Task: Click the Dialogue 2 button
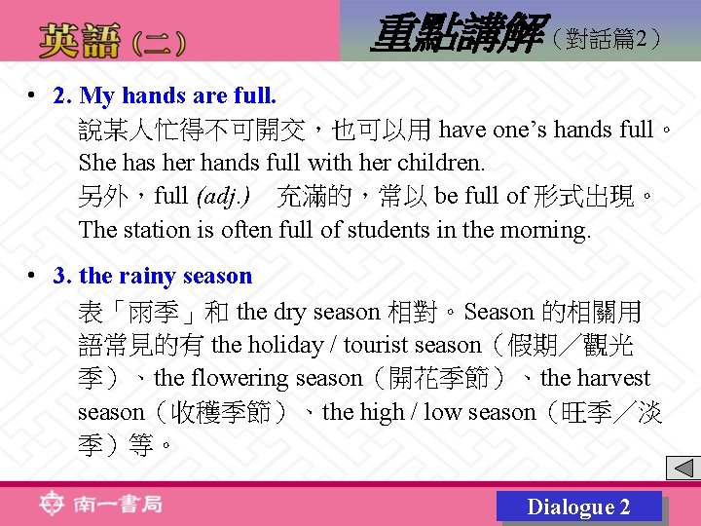click(x=578, y=507)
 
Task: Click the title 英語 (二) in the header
click(x=111, y=42)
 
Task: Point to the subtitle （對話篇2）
click(x=607, y=39)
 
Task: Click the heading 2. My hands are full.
click(x=166, y=95)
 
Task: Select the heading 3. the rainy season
click(x=153, y=277)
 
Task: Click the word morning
click(x=547, y=230)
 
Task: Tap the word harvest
click(x=612, y=378)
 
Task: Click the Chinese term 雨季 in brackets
click(x=154, y=312)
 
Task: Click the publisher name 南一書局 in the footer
click(x=117, y=504)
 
